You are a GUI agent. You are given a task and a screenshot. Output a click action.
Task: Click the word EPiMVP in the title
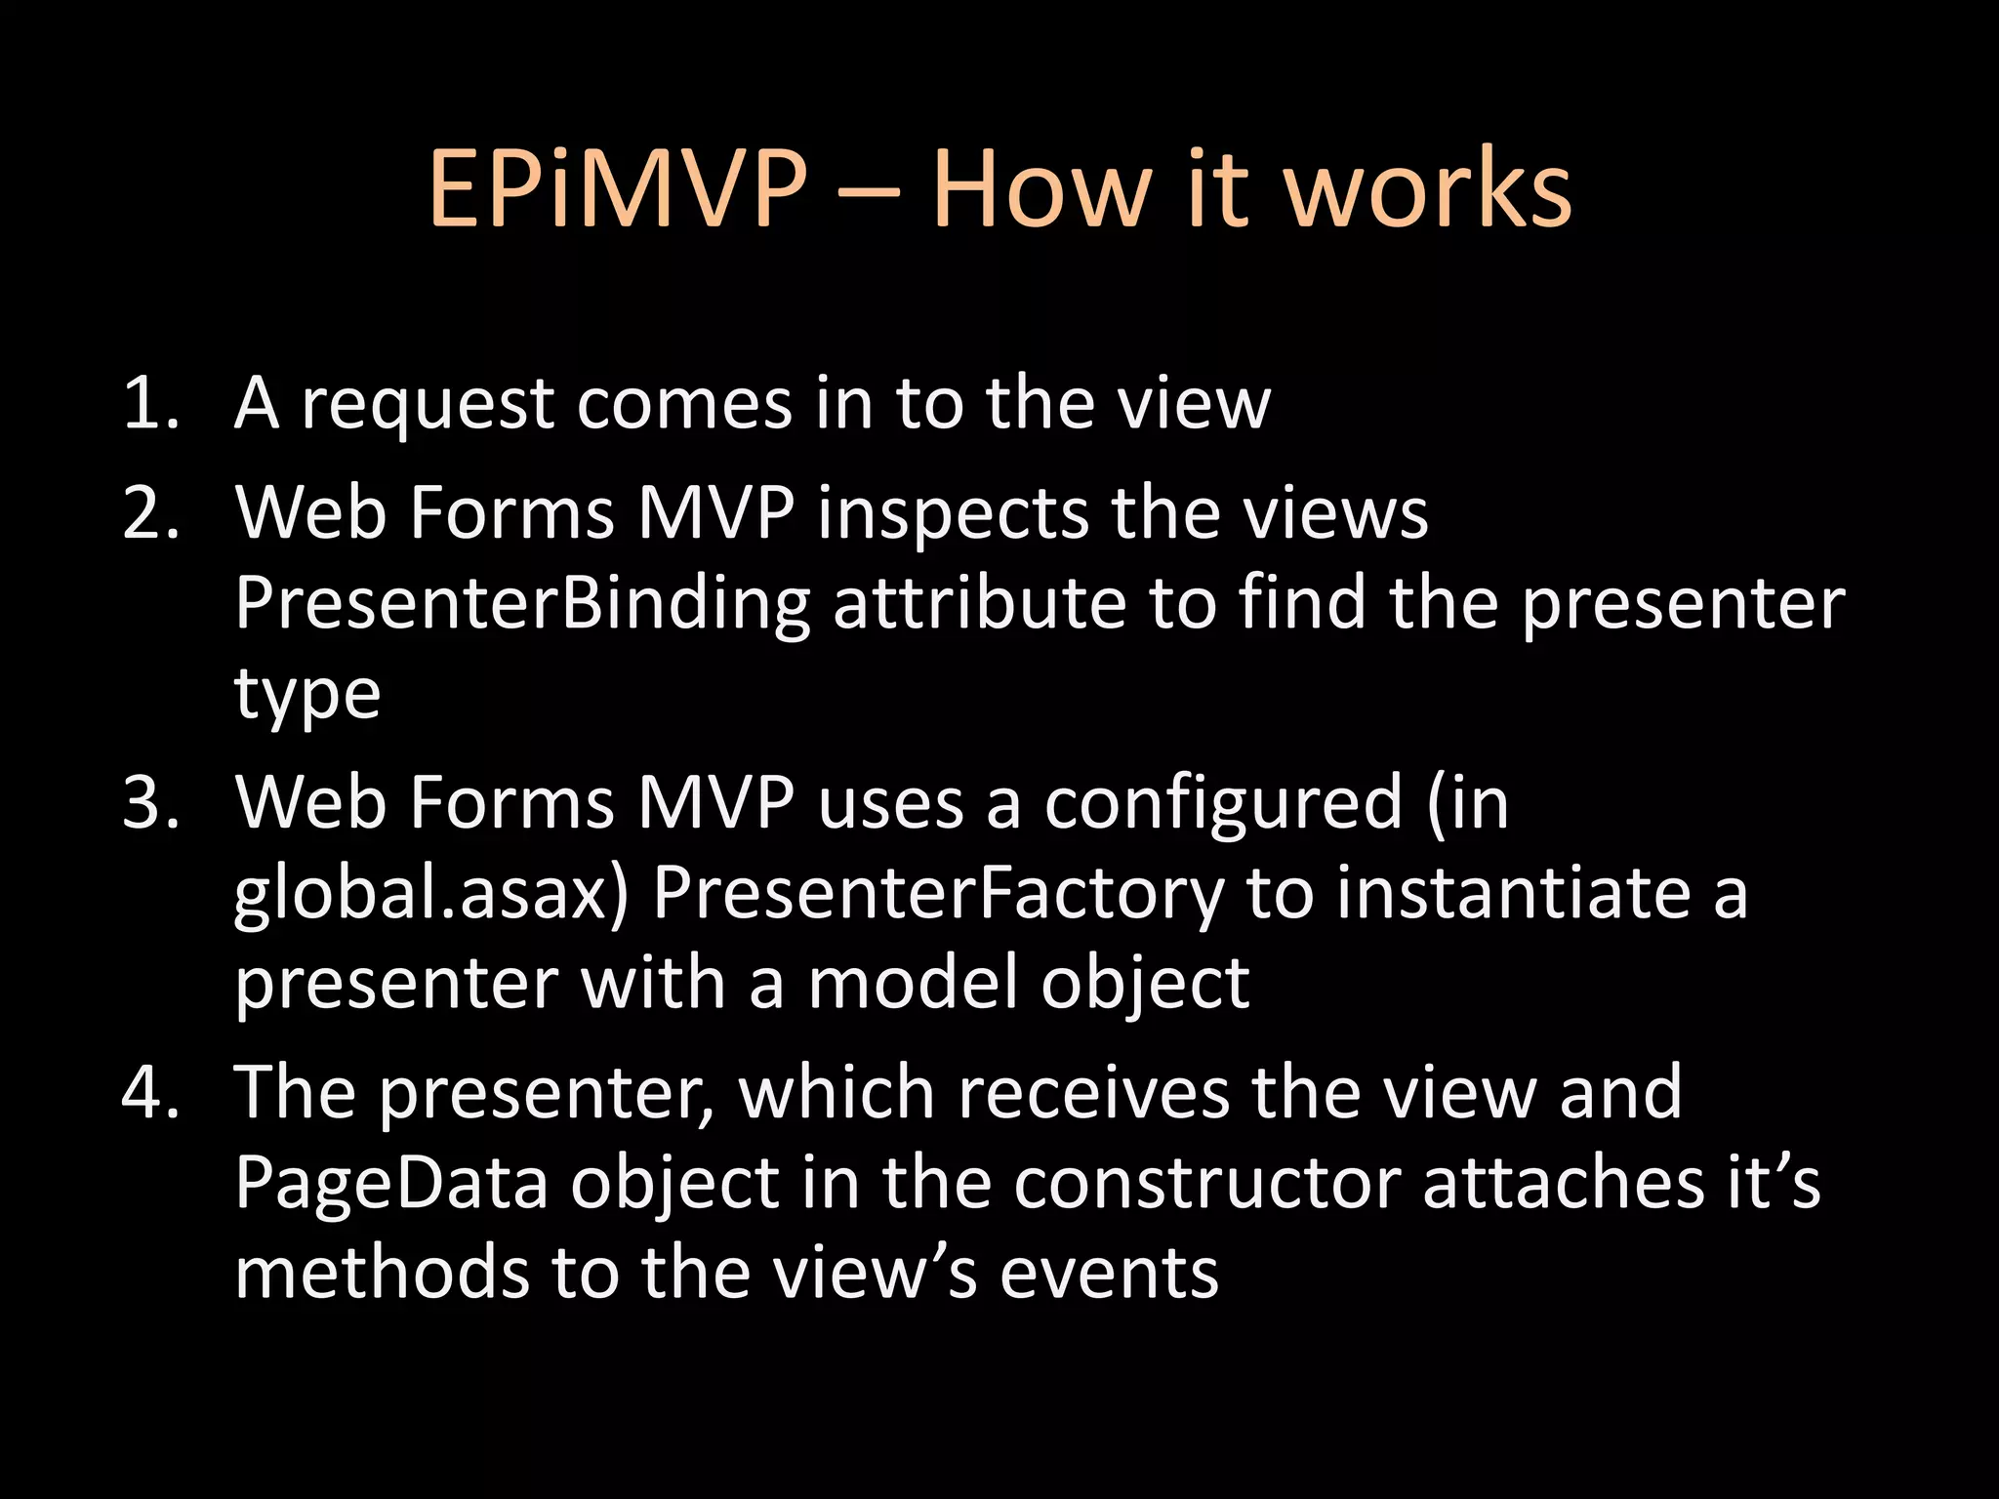pyautogui.click(x=618, y=189)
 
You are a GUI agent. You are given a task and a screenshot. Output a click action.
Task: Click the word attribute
pyautogui.click(x=979, y=603)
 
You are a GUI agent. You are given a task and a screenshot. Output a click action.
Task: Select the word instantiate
pyautogui.click(x=1514, y=892)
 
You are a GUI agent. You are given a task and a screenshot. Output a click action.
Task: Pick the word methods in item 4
pyautogui.click(x=382, y=1274)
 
